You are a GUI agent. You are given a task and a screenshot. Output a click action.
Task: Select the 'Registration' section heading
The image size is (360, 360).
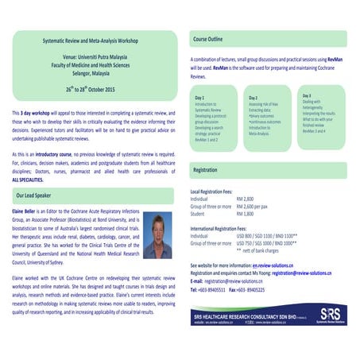207,170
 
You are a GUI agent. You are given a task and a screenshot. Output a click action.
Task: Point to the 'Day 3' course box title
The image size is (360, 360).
307,95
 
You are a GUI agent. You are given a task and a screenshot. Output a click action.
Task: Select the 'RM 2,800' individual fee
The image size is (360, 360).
246,198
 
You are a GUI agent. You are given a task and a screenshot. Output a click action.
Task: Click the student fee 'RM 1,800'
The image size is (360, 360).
246,212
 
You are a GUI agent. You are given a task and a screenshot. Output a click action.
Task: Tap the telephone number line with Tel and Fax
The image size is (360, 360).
232,290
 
